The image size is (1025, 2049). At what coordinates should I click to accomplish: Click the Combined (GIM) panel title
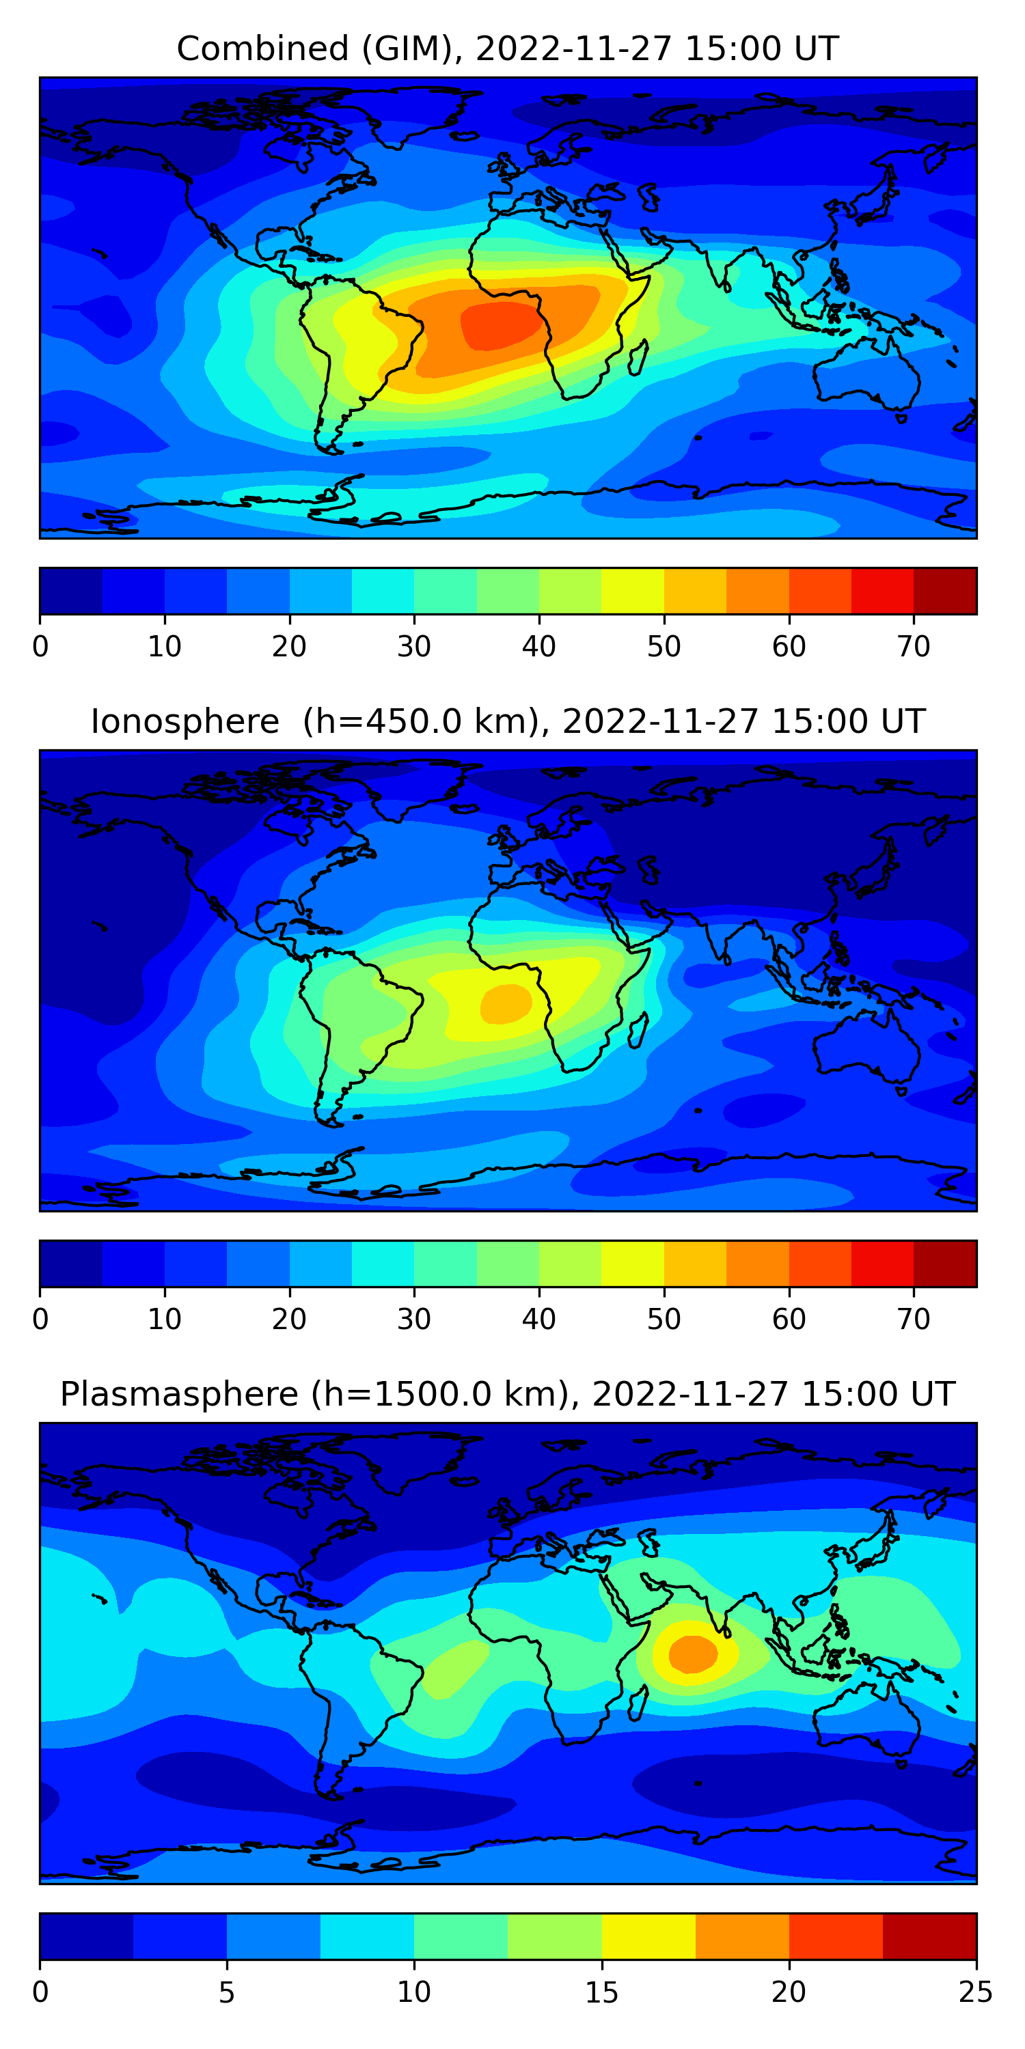pyautogui.click(x=508, y=49)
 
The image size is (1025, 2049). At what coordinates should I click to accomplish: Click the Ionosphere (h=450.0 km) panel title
pyautogui.click(x=508, y=721)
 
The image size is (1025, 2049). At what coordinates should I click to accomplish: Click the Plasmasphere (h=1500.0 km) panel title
pyautogui.click(x=508, y=1395)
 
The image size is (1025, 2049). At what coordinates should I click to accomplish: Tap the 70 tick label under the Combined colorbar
pyautogui.click(x=914, y=647)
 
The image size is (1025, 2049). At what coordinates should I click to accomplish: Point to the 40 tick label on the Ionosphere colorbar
pyautogui.click(x=538, y=1319)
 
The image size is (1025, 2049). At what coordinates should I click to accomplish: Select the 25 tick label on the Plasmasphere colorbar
pyautogui.click(x=976, y=1992)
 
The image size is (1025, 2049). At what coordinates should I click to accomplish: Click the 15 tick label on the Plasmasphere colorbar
pyautogui.click(x=601, y=1992)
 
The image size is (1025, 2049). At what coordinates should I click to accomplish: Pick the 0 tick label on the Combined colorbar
pyautogui.click(x=40, y=647)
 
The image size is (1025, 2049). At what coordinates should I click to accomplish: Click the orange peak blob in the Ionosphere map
pyautogui.click(x=506, y=1003)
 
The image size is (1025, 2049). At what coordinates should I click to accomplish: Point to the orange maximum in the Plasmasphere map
pyautogui.click(x=692, y=1654)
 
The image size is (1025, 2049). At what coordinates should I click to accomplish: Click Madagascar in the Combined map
pyautogui.click(x=638, y=358)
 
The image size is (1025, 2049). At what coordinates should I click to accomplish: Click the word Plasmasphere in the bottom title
pyautogui.click(x=179, y=1395)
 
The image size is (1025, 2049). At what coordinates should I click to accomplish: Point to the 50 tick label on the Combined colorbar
pyautogui.click(x=664, y=647)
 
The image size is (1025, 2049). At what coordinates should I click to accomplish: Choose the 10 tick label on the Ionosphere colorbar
pyautogui.click(x=165, y=1319)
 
